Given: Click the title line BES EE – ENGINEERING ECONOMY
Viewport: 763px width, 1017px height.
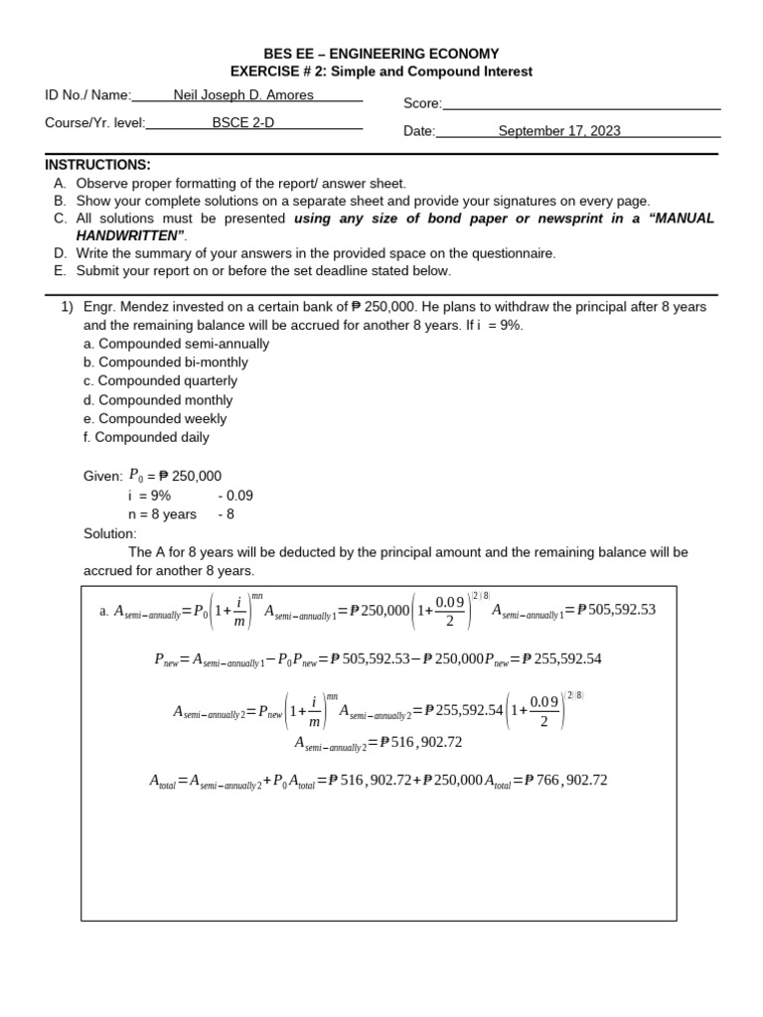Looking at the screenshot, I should [x=381, y=54].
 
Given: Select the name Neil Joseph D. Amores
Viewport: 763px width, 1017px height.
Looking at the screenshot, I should [x=243, y=95].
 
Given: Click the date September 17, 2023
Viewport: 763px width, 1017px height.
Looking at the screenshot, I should [x=559, y=131].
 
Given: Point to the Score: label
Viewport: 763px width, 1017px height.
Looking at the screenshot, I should [x=422, y=103].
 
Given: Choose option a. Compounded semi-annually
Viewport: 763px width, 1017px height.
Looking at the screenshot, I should [x=176, y=344].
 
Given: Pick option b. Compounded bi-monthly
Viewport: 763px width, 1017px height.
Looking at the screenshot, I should [x=166, y=363].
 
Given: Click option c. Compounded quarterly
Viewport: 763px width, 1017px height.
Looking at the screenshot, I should [x=160, y=381].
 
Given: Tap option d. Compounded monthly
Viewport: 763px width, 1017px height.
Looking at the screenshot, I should [x=158, y=400].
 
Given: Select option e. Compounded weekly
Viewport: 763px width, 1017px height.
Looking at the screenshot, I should [x=155, y=419].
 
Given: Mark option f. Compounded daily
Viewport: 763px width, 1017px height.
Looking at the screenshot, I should [x=146, y=437].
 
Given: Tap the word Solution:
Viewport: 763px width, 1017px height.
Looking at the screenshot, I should [x=109, y=533].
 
